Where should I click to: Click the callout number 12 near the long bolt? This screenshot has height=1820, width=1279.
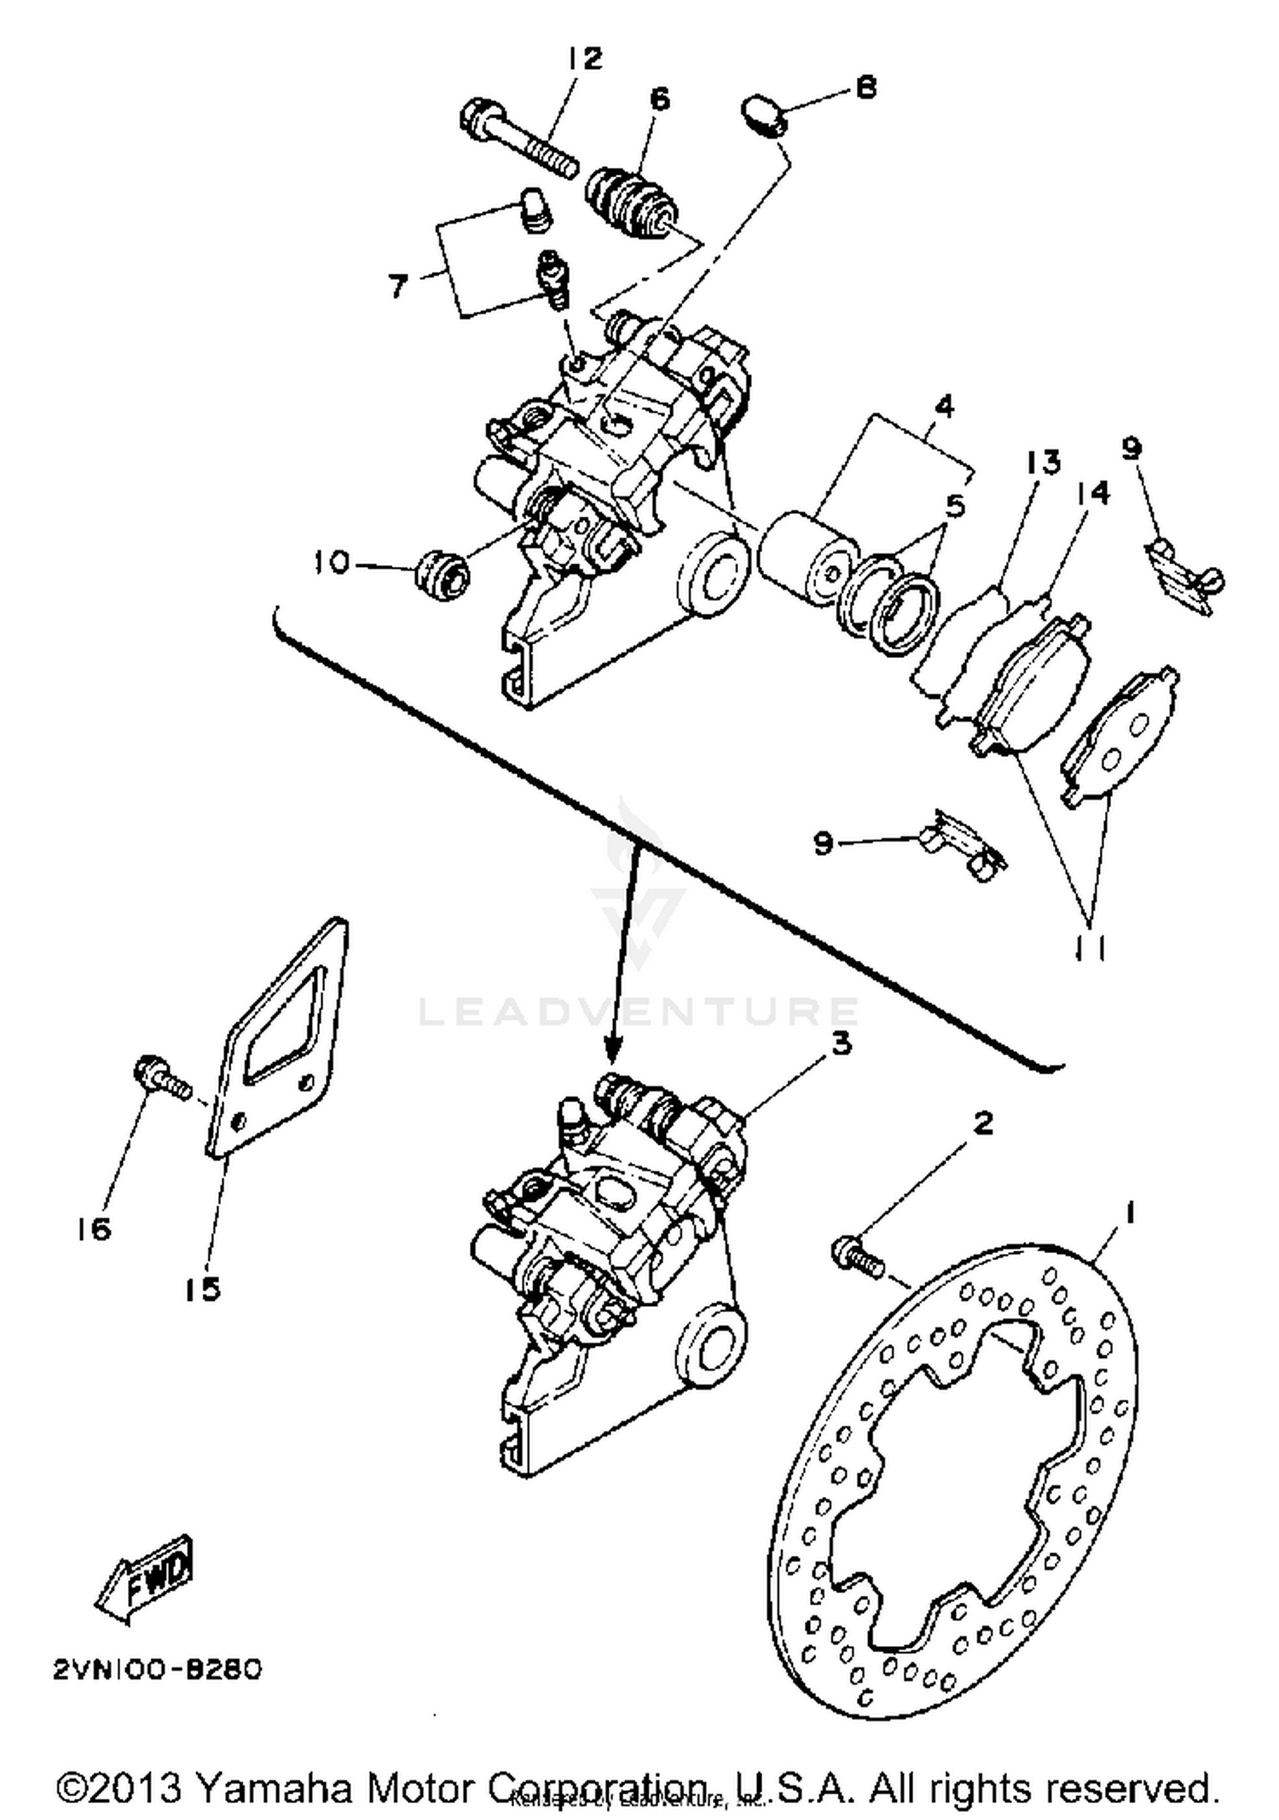pyautogui.click(x=585, y=59)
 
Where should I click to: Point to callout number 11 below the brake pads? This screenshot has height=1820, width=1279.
pyautogui.click(x=1089, y=947)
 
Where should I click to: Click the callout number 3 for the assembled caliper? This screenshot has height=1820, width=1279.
pyautogui.click(x=841, y=1043)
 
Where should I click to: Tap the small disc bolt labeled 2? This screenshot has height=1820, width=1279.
pyautogui.click(x=855, y=1256)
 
